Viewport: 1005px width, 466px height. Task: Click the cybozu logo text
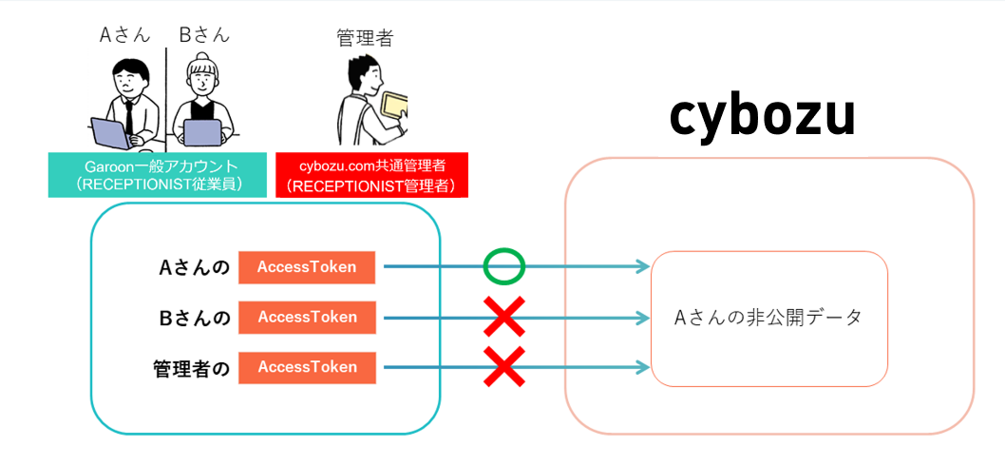pyautogui.click(x=763, y=116)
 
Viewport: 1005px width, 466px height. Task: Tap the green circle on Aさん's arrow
pyautogui.click(x=503, y=266)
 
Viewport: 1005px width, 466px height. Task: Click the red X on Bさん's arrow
pyautogui.click(x=503, y=317)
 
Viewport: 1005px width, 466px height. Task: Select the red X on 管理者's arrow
pyautogui.click(x=503, y=367)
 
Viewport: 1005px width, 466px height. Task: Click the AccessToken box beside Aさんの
pyautogui.click(x=307, y=267)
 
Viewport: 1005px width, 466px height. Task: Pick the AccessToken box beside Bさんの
pyautogui.click(x=307, y=317)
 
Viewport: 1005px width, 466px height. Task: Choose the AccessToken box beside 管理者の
pyautogui.click(x=307, y=367)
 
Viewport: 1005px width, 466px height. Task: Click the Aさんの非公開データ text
pyautogui.click(x=768, y=319)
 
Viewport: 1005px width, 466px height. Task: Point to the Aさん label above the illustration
pyautogui.click(x=123, y=35)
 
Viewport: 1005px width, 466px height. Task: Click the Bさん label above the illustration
pyautogui.click(x=202, y=35)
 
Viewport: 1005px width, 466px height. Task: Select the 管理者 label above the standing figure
pyautogui.click(x=365, y=38)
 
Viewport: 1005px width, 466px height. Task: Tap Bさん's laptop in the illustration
pyautogui.click(x=202, y=134)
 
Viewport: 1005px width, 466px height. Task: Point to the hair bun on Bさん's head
pyautogui.click(x=202, y=58)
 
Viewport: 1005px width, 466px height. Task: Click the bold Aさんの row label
pyautogui.click(x=195, y=268)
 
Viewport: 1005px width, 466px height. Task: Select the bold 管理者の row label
pyautogui.click(x=191, y=368)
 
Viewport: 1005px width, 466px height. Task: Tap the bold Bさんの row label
pyautogui.click(x=195, y=318)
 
